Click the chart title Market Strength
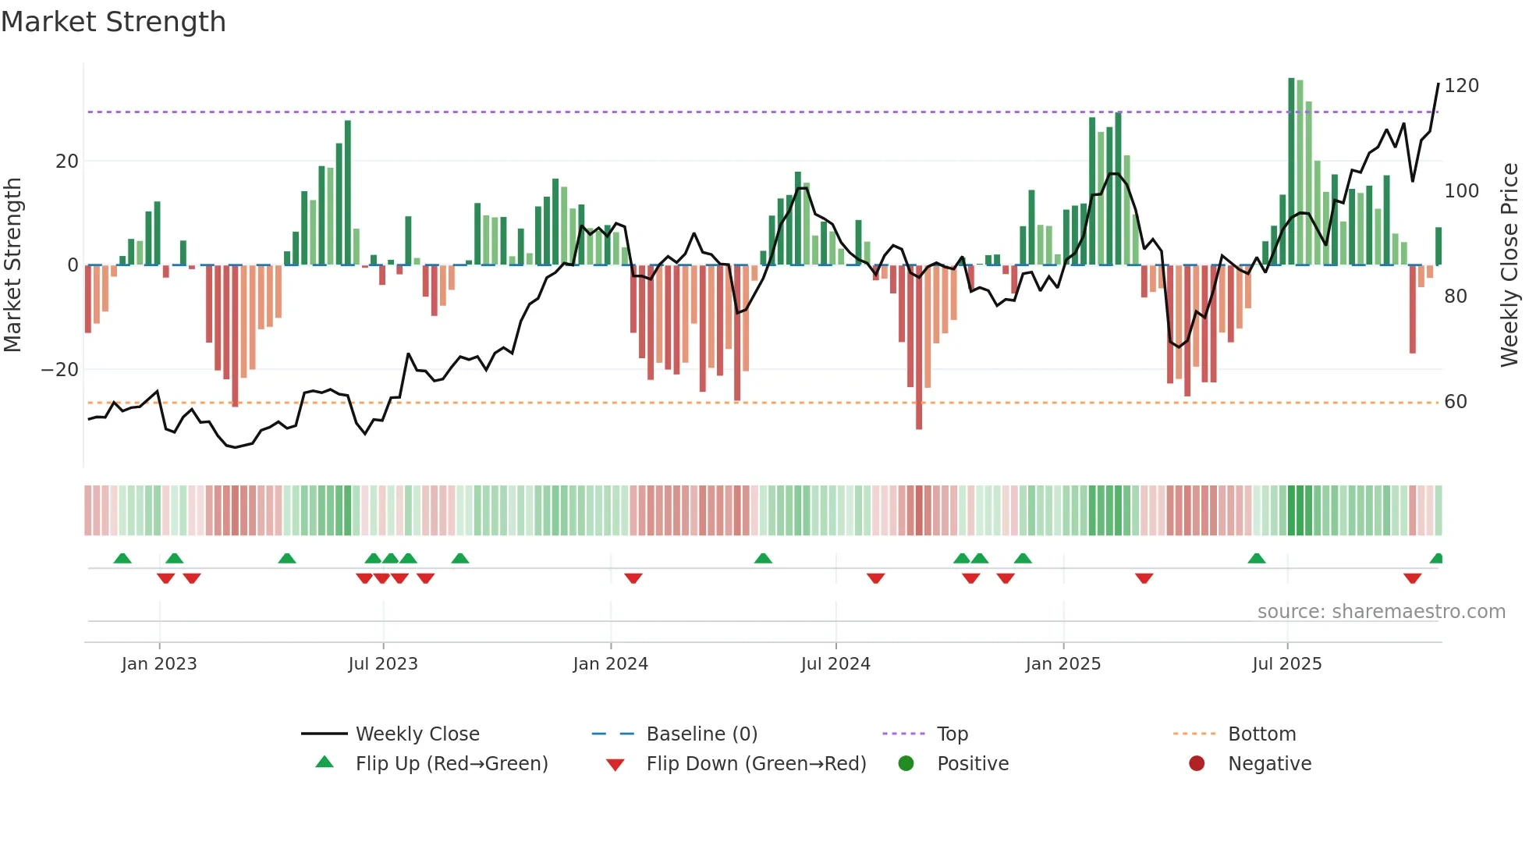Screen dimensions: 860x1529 (114, 22)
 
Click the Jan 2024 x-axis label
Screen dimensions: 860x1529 (610, 664)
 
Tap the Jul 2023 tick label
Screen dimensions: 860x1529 (383, 664)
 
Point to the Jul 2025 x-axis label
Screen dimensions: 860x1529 (1287, 664)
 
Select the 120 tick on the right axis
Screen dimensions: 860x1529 (1461, 86)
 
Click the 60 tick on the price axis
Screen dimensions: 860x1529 (1456, 402)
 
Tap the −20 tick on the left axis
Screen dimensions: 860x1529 (60, 370)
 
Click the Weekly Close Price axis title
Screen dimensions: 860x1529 (1509, 265)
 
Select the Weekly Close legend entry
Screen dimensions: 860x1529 (417, 734)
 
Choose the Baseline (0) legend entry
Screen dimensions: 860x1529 (701, 734)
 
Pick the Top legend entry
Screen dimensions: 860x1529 (952, 734)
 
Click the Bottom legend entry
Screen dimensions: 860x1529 (1261, 734)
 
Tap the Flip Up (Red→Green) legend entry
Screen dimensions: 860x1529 (451, 764)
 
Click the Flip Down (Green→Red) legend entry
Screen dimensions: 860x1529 (756, 764)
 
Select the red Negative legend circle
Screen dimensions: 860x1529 (1197, 764)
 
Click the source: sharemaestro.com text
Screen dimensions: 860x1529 (1381, 612)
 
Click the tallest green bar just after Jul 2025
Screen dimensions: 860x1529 (1291, 172)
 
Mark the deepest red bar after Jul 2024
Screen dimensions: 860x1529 (919, 347)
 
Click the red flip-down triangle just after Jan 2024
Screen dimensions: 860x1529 (633, 578)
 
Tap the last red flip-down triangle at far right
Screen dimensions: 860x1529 (1412, 578)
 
